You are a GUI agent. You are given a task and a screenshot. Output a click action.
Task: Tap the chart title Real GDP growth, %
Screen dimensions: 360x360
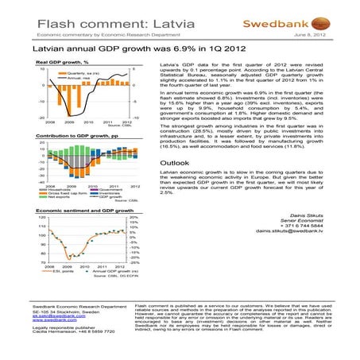62,62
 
